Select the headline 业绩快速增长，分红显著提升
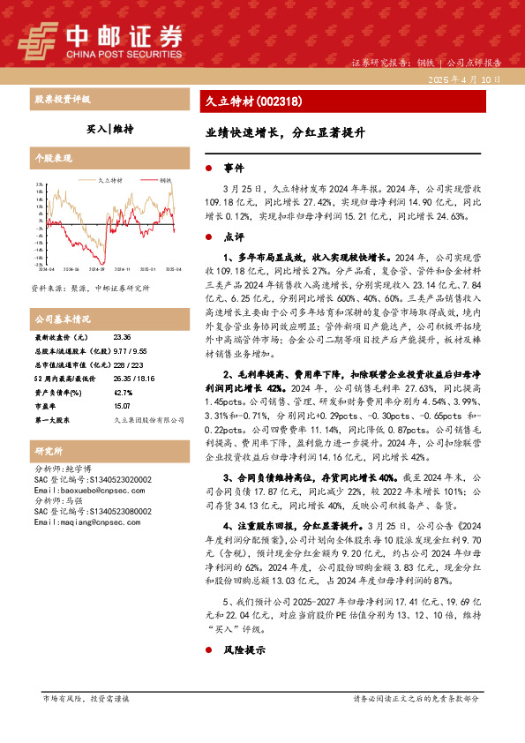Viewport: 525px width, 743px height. (279, 136)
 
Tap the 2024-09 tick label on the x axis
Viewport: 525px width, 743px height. (96, 268)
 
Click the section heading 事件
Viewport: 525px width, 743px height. (233, 168)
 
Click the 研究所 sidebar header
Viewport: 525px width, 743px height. (45, 451)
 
